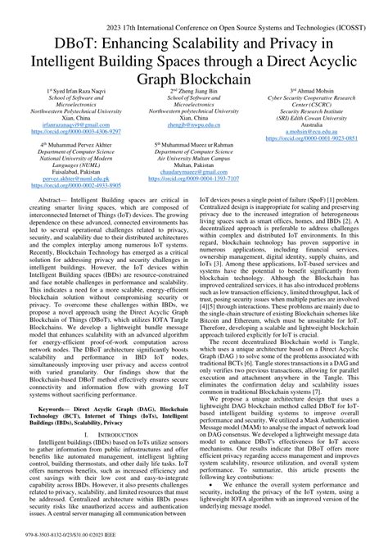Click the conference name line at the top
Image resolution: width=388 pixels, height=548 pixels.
coord(194,9)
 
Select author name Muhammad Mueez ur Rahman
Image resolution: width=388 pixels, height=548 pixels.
coord(194,143)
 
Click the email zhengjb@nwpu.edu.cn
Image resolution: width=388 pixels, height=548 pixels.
coord(193,125)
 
